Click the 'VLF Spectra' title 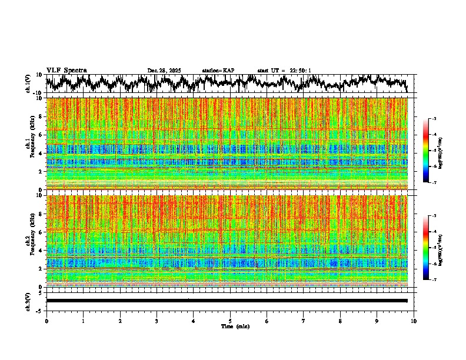pyautogui.click(x=66, y=70)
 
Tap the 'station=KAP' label pyautogui.click(x=218, y=71)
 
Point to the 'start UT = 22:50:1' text pyautogui.click(x=284, y=71)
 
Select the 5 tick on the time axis pyautogui.click(x=230, y=321)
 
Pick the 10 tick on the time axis pyautogui.click(x=414, y=321)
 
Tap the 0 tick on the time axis pyautogui.click(x=46, y=321)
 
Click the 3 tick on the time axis pyautogui.click(x=157, y=321)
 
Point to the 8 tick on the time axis pyautogui.click(x=340, y=321)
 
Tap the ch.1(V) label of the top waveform pyautogui.click(x=28, y=84)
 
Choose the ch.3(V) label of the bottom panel pyautogui.click(x=28, y=301)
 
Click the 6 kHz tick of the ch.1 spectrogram pyautogui.click(x=41, y=135)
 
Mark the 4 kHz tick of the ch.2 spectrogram pyautogui.click(x=41, y=251)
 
